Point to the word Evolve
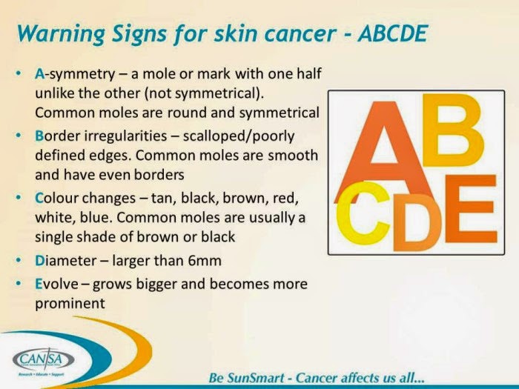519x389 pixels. pos(57,285)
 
